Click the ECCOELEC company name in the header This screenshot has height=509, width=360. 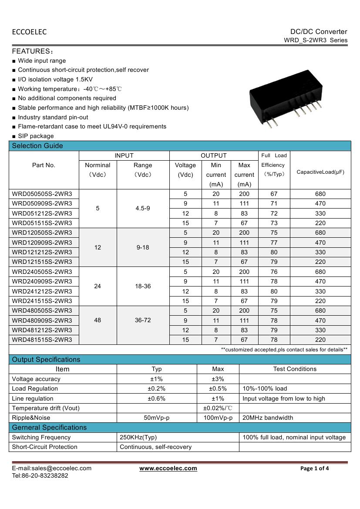click(29, 32)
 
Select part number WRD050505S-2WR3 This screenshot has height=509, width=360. click(42, 194)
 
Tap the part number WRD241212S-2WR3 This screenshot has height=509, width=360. click(42, 291)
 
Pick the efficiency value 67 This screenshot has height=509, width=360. click(274, 194)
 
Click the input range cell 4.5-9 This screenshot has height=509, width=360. click(143, 209)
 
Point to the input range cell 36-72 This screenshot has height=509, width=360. click(143, 320)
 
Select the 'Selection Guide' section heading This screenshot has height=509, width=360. click(37, 146)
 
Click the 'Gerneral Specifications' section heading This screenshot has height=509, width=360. click(49, 427)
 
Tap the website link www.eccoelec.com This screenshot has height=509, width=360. click(168, 469)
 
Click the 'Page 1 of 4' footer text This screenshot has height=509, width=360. click(315, 469)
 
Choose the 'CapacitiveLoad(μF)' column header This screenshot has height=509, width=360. click(320, 172)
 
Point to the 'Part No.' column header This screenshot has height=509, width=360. click(44, 165)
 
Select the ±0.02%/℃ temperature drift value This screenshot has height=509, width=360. click(218, 408)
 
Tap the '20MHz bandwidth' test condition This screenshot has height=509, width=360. click(268, 418)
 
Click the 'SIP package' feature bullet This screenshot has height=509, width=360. click(36, 136)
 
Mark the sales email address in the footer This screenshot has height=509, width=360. click(52, 469)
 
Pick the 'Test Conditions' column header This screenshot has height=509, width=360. click(295, 369)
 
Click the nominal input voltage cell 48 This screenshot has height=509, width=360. click(98, 320)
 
